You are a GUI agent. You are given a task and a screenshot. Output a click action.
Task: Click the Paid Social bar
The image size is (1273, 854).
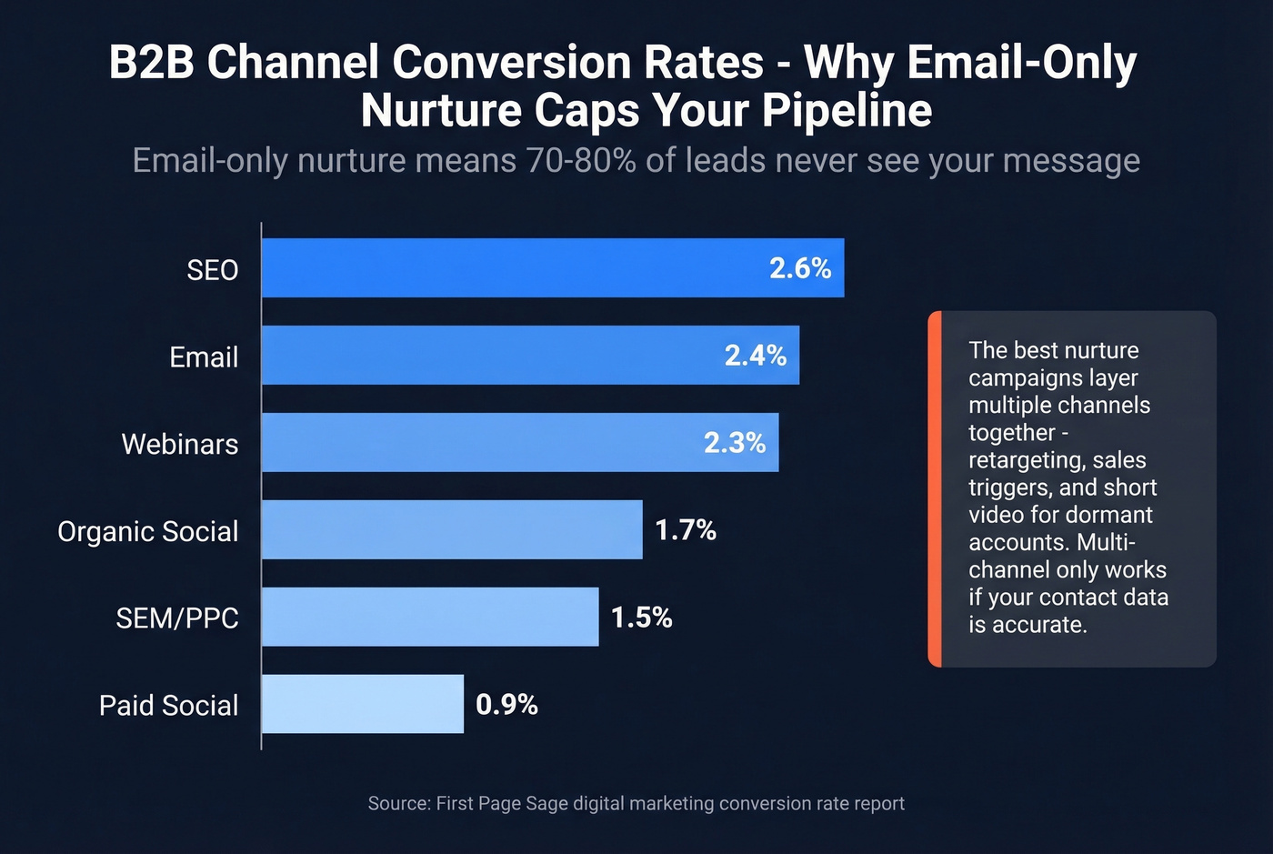[x=363, y=704]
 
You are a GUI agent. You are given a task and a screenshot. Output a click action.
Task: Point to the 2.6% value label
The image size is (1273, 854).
[x=800, y=268]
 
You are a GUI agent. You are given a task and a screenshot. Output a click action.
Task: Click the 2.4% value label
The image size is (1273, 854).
[x=755, y=356]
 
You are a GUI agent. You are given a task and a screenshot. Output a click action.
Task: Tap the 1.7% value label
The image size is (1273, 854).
[x=686, y=530]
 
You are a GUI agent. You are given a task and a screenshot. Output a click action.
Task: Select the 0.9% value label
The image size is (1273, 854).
[x=506, y=705]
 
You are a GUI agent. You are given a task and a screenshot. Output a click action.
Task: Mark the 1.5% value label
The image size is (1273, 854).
[x=641, y=618]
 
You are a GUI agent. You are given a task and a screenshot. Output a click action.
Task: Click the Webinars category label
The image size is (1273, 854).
[x=180, y=444]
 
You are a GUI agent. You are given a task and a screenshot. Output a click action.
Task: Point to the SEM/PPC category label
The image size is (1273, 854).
[x=177, y=618]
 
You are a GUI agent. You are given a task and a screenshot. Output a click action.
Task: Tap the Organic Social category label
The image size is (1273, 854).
[x=148, y=531]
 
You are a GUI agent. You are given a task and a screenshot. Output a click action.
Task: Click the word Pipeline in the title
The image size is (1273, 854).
[x=847, y=111]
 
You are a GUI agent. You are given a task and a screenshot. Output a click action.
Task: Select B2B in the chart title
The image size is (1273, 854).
[x=151, y=63]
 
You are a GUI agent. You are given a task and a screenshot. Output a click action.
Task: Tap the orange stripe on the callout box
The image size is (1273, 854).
[x=935, y=489]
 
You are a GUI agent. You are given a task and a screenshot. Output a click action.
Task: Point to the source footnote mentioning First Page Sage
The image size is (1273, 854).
[x=636, y=804]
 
